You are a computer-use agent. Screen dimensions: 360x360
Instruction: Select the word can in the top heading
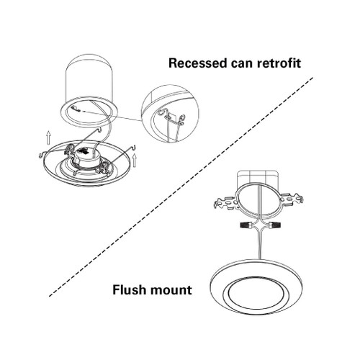click(x=240, y=63)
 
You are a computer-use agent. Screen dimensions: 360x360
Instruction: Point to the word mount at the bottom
click(x=169, y=292)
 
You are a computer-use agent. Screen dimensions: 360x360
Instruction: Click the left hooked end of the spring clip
click(x=40, y=153)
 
